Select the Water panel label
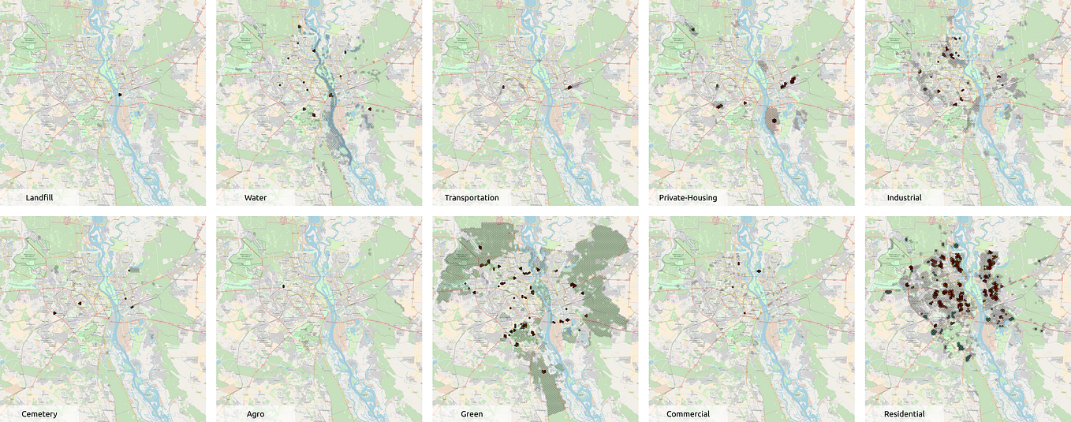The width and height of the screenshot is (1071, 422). click(255, 197)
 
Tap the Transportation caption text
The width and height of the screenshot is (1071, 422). click(472, 197)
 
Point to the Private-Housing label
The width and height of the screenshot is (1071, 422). click(692, 197)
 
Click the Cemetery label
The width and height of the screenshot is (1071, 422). click(39, 413)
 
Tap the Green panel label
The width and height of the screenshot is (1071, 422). click(472, 413)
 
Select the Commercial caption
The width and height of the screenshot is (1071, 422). click(688, 413)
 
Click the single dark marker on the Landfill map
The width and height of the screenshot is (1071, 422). click(120, 95)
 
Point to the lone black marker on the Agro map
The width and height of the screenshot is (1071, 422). click(282, 286)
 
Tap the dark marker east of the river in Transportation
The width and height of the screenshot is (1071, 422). click(569, 87)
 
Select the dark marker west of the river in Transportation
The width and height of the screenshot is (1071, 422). click(502, 86)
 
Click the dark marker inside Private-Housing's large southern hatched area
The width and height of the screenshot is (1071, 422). click(774, 121)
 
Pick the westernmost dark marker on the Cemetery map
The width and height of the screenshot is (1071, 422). click(54, 313)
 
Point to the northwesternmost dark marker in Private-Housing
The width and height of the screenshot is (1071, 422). click(691, 29)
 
